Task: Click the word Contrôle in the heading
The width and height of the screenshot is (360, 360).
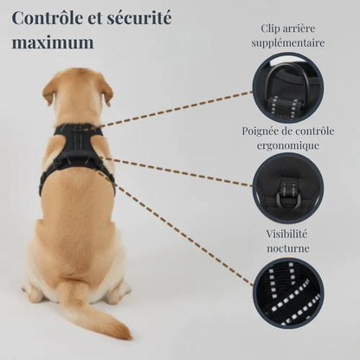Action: (x=47, y=18)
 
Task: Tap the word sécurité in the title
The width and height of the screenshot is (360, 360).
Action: (x=139, y=18)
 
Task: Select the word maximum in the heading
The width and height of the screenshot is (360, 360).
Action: (x=53, y=42)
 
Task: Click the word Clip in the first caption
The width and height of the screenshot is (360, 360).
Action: (x=269, y=29)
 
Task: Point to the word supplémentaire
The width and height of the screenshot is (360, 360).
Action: (x=288, y=43)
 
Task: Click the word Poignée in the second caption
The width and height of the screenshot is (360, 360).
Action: (x=261, y=132)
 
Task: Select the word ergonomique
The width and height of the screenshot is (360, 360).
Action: (x=288, y=145)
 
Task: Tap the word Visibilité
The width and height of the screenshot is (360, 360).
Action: (x=286, y=234)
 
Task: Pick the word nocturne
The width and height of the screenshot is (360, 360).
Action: (x=288, y=248)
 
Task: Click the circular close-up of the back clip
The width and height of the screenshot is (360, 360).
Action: (x=288, y=88)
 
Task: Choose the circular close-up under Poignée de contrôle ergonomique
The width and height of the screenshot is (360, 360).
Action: (x=288, y=189)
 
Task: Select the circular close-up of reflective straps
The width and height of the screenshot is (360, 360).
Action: (x=288, y=292)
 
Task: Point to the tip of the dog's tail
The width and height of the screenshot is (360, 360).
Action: (x=128, y=335)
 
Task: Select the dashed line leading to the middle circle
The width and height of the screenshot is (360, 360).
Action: (x=176, y=171)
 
